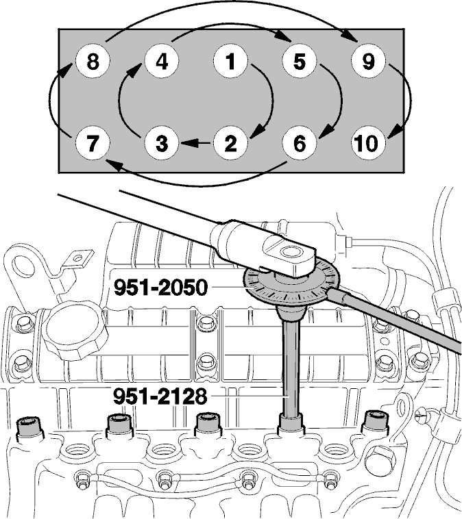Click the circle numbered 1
tap(230, 62)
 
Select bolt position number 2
tap(230, 143)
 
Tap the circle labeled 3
tap(161, 143)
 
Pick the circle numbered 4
tap(161, 62)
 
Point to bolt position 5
tap(300, 62)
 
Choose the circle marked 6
tap(300, 143)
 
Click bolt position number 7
tap(93, 143)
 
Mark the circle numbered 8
tap(93, 62)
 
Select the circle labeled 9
tap(368, 62)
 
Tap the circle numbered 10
tap(368, 143)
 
